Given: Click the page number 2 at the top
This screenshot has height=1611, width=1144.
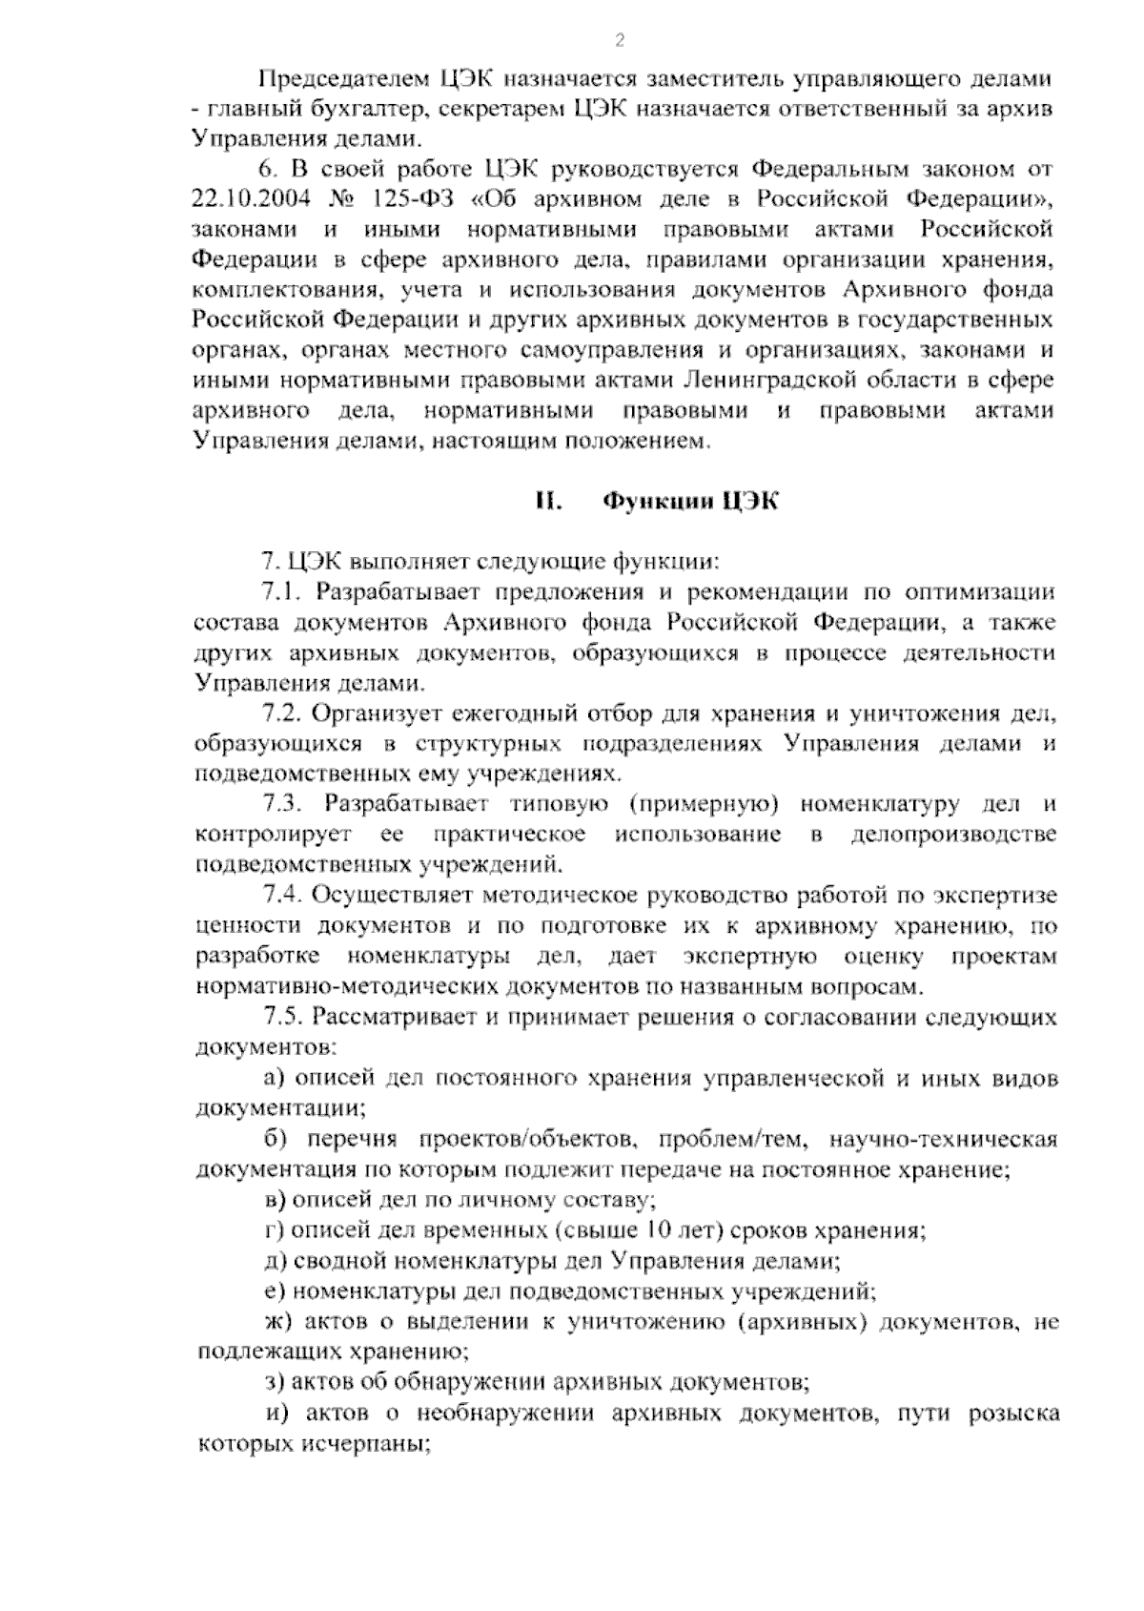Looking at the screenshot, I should pyautogui.click(x=620, y=40).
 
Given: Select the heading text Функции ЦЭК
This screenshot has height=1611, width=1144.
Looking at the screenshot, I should pyautogui.click(x=691, y=502).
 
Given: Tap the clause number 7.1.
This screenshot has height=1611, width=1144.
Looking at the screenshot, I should pyautogui.click(x=282, y=592).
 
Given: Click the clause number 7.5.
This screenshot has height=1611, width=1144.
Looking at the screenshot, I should pyautogui.click(x=282, y=1018).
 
